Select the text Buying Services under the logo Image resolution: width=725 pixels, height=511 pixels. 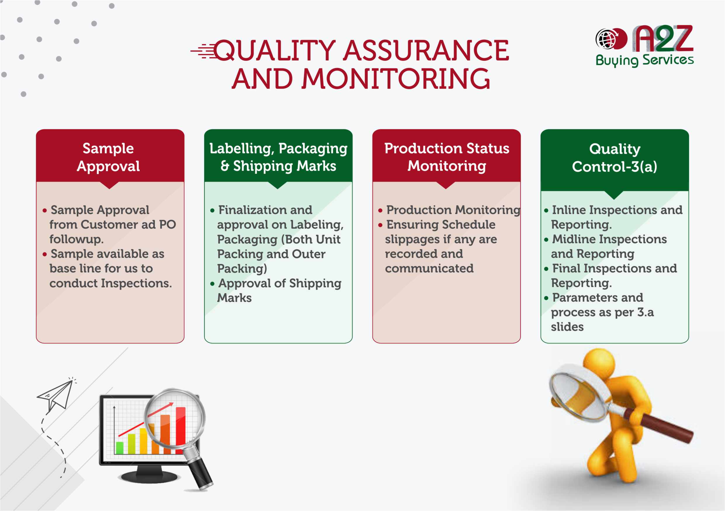click(644, 60)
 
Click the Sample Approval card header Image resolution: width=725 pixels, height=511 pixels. click(108, 157)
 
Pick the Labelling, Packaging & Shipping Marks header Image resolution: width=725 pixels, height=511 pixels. click(278, 157)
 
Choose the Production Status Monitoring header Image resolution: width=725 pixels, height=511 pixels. click(447, 157)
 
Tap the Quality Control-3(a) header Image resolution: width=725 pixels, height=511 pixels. click(615, 157)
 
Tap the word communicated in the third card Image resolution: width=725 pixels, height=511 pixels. click(429, 268)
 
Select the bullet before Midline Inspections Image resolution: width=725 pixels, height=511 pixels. click(546, 240)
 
